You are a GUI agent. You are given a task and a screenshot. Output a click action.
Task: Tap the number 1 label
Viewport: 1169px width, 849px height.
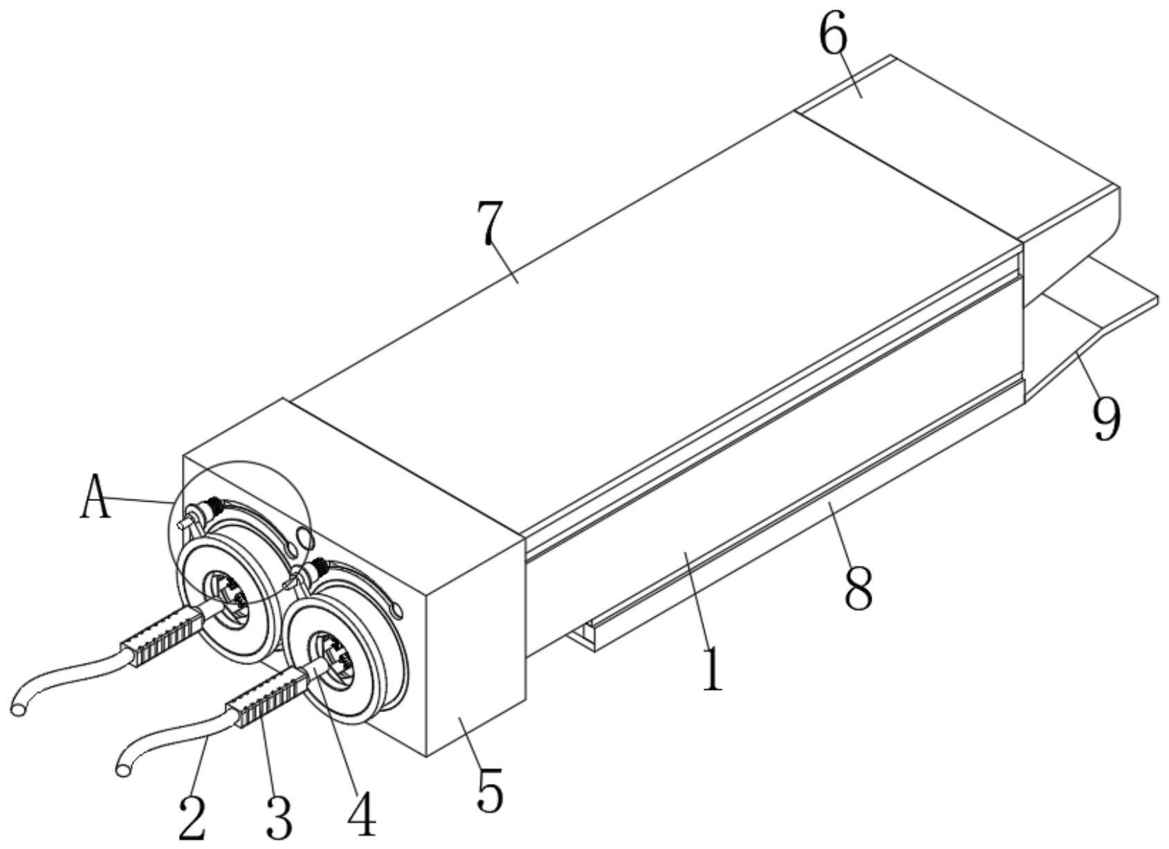point(712,668)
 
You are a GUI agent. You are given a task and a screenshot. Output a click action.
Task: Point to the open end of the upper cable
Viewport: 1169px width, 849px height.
point(19,708)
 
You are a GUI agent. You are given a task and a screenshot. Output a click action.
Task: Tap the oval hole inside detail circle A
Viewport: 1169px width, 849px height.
point(302,538)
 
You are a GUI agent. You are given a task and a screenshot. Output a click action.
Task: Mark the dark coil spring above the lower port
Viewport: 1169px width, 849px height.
point(318,569)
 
